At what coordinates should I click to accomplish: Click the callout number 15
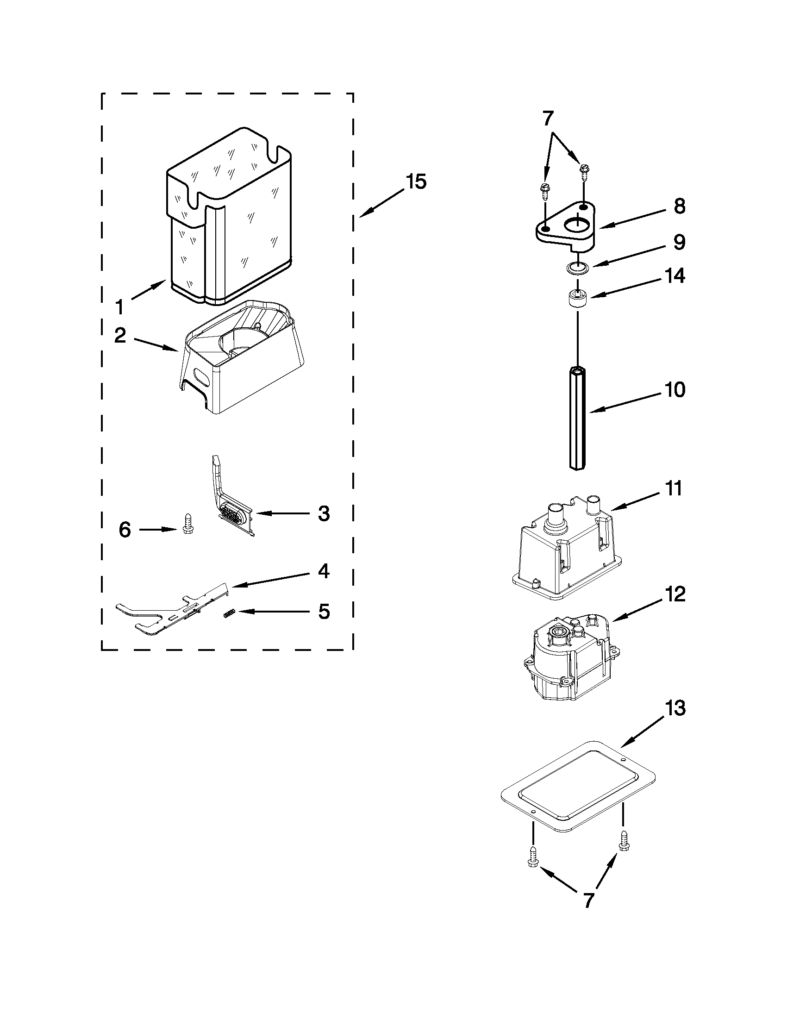(x=416, y=181)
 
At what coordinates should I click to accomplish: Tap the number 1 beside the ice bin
(x=120, y=307)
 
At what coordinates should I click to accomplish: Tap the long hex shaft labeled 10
(x=578, y=418)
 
